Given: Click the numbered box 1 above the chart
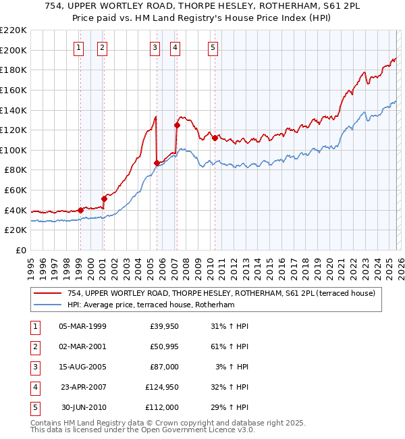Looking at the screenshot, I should (80, 47).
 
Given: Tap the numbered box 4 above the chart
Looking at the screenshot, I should (175, 47).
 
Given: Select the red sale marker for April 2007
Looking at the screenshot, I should (177, 125).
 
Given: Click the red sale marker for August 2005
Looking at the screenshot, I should (157, 163).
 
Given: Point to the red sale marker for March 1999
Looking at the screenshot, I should (80, 210).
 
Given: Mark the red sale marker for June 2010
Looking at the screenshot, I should (215, 138).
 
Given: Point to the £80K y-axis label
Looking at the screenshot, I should (16, 170).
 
